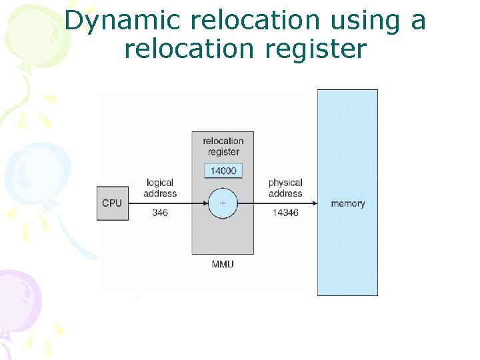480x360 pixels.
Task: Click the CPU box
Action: tap(111, 203)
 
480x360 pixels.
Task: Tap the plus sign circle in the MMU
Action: tap(223, 203)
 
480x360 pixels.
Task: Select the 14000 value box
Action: tap(223, 171)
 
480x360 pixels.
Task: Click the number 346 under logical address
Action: tap(160, 213)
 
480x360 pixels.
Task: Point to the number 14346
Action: tap(285, 213)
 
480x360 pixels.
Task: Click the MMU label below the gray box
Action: tap(223, 264)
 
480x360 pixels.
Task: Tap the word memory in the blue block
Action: tap(347, 203)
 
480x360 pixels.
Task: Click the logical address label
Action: tap(160, 188)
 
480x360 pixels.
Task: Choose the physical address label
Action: tap(285, 188)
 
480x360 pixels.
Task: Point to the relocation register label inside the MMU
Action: tap(223, 146)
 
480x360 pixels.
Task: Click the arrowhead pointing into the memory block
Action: tap(313, 203)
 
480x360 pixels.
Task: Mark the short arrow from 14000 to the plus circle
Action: tap(223, 184)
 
